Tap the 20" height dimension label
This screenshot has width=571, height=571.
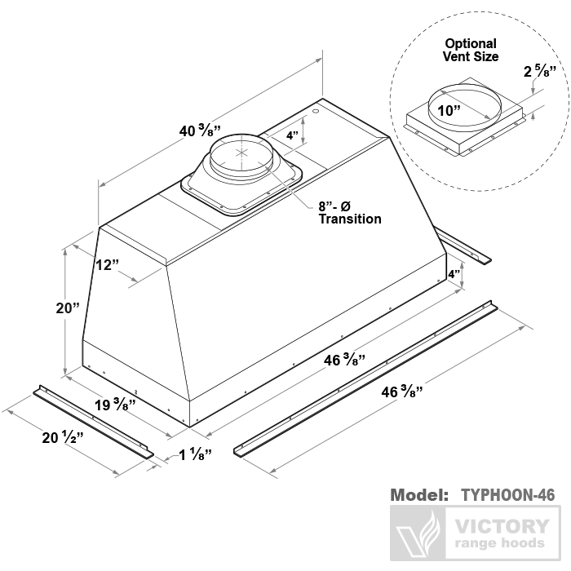[67, 308]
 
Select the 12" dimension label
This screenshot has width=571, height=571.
[107, 265]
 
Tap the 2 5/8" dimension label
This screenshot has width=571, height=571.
[538, 72]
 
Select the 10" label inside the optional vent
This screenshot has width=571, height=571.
[447, 110]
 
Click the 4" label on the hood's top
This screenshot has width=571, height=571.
[292, 135]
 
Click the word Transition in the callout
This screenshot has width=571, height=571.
[349, 219]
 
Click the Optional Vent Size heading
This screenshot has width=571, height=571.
[471, 50]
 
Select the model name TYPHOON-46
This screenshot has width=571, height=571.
[507, 495]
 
